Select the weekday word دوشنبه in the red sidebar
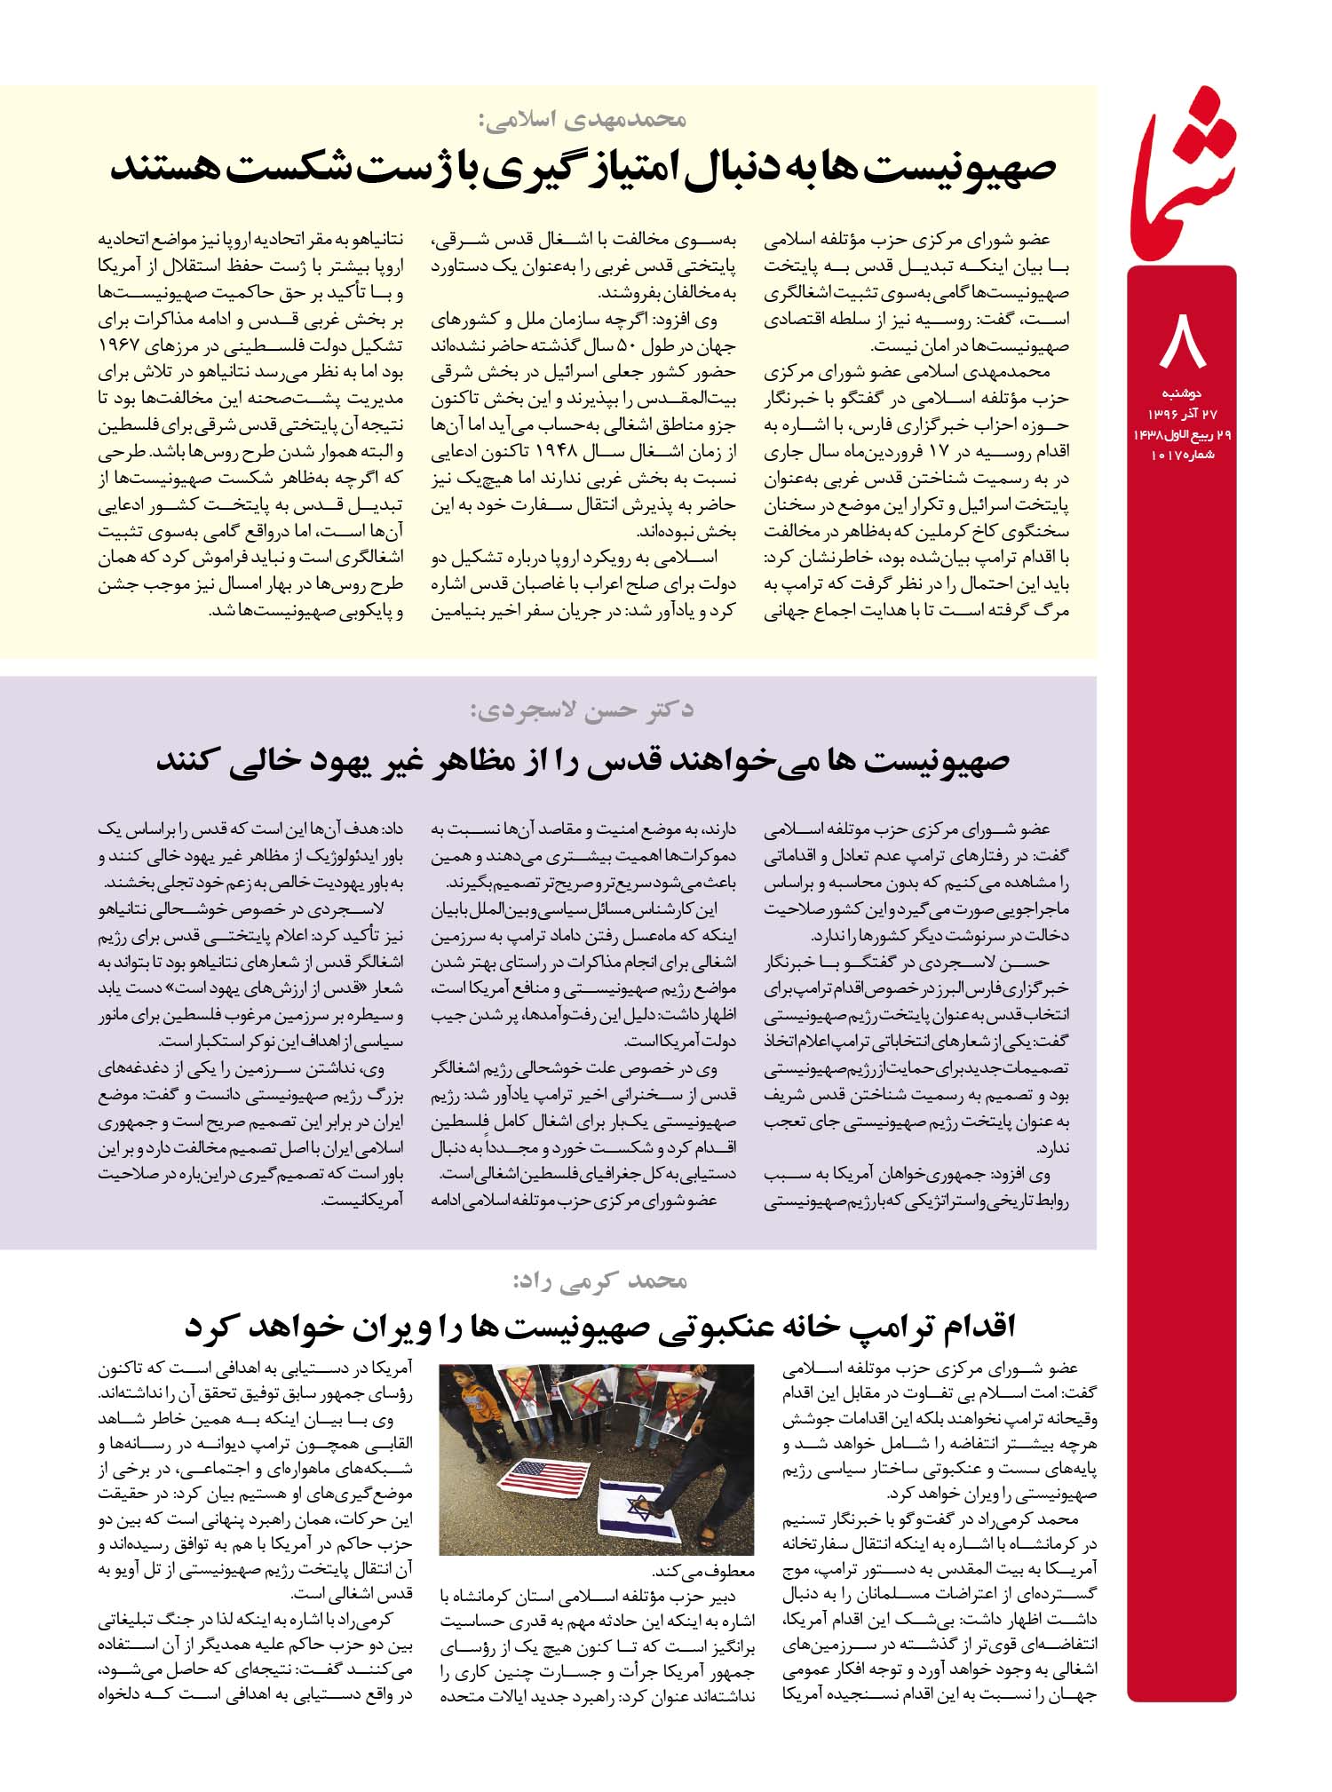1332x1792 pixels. point(1181,392)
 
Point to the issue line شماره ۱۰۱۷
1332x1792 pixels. point(1182,455)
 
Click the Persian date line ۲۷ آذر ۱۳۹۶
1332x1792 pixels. point(1181,413)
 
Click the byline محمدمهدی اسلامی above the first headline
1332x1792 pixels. point(585,117)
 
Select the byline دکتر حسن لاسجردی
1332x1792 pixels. point(582,710)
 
